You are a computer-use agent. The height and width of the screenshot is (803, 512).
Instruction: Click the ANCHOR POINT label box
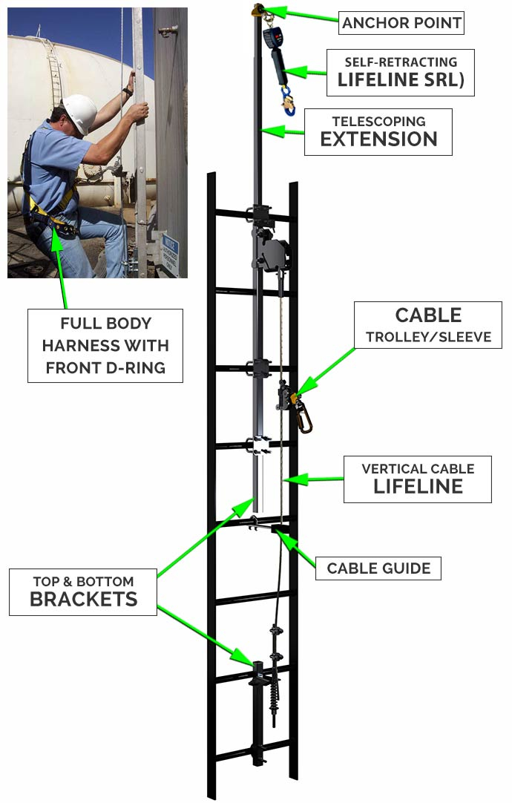pos(401,23)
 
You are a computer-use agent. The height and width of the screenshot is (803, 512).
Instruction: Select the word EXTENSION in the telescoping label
pos(378,139)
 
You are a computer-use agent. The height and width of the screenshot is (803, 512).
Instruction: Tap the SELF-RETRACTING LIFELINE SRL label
pos(400,72)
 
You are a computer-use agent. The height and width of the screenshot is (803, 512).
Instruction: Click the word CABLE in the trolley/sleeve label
pos(428,315)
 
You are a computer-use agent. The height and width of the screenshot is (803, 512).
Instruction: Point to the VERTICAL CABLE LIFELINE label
pos(418,479)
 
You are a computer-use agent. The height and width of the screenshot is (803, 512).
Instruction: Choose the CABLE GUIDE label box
pos(378,568)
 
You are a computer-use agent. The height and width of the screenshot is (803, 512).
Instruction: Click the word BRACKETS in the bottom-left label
pos(83,600)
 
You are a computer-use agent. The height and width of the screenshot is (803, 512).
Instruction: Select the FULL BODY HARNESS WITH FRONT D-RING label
pos(105,345)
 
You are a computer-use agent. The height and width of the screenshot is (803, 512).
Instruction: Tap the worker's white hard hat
pos(80,111)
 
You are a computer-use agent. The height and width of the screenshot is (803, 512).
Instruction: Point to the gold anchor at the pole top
pos(258,10)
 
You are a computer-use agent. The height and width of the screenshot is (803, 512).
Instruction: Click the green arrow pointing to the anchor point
pos(304,16)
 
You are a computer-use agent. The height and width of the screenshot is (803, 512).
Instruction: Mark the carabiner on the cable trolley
pos(303,416)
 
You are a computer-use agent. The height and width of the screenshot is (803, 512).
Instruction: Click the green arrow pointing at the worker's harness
pos(60,267)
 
